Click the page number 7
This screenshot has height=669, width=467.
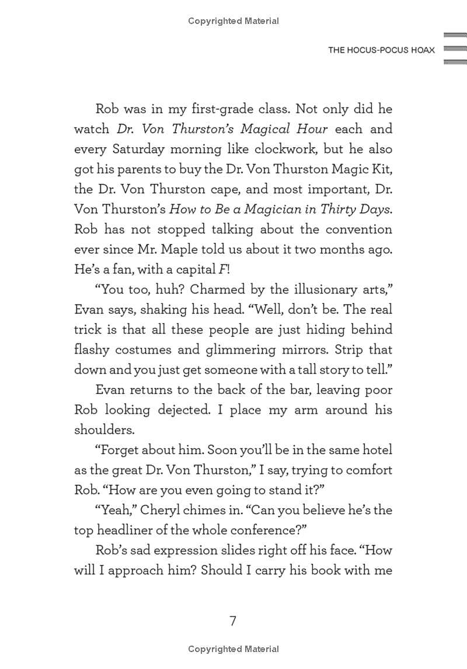[x=233, y=621]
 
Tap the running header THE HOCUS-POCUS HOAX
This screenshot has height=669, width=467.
[x=381, y=51]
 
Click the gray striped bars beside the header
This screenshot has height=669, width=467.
[x=455, y=48]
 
